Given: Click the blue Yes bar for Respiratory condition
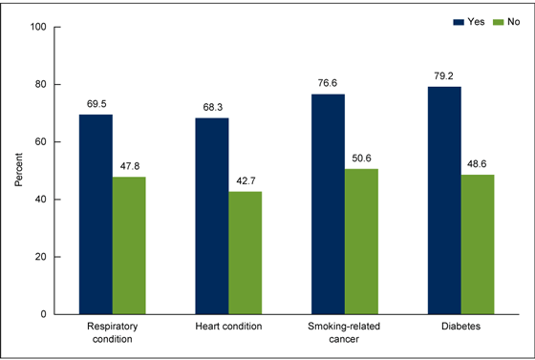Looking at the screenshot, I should [96, 214].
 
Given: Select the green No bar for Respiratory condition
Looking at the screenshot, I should [129, 245].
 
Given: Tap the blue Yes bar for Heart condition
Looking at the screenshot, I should [211, 216].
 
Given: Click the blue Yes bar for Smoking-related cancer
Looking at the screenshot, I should [328, 203].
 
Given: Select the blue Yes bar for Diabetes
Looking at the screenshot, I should [444, 200].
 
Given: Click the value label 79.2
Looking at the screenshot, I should [444, 75].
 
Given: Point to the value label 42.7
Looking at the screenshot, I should [246, 180].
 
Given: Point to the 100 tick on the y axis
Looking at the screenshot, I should [40, 27].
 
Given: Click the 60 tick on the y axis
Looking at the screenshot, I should [43, 141].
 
